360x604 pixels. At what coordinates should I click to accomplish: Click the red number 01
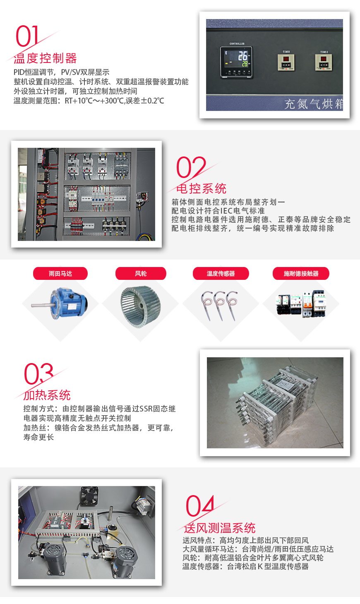pyautogui.click(x=27, y=36)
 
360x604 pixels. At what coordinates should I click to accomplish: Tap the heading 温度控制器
pyautogui.click(x=45, y=58)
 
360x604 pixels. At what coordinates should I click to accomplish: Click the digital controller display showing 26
pyautogui.click(x=236, y=60)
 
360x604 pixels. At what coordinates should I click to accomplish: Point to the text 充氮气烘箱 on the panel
pyautogui.click(x=313, y=104)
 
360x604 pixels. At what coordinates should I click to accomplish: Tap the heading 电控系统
pyautogui.click(x=201, y=189)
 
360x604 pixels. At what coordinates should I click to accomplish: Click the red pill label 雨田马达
pyautogui.click(x=60, y=274)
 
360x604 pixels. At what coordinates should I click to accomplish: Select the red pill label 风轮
pyautogui.click(x=141, y=274)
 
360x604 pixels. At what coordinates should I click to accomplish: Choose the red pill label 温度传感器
pyautogui.click(x=221, y=274)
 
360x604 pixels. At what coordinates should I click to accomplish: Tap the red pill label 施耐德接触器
pyautogui.click(x=301, y=274)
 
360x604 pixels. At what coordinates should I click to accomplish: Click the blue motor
pyautogui.click(x=66, y=303)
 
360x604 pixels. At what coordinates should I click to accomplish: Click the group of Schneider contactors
pyautogui.click(x=301, y=304)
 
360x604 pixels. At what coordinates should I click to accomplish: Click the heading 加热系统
pyautogui.click(x=47, y=395)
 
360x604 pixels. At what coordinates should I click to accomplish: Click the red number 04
pyautogui.click(x=200, y=506)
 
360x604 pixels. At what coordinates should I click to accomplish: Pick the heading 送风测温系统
pyautogui.click(x=219, y=528)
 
